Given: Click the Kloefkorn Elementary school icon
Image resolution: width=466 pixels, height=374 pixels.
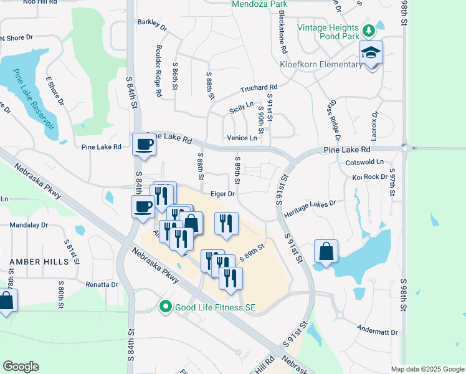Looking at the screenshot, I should point(371,53).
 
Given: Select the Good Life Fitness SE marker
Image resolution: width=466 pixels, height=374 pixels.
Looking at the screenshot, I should point(165,306).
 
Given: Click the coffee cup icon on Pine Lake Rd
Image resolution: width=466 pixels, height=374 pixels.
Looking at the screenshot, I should point(145,146).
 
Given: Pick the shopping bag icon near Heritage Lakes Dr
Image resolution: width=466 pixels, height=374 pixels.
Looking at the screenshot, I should point(326,252).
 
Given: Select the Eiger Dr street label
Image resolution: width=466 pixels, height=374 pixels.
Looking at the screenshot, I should point(222,194).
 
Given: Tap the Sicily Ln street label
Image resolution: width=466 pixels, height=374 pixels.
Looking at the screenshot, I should point(242,107).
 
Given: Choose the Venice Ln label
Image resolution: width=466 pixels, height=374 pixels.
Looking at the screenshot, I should point(244,138).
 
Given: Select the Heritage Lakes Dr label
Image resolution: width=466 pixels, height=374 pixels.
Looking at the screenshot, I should point(310,208).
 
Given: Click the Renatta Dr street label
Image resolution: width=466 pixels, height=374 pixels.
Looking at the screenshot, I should point(102,284).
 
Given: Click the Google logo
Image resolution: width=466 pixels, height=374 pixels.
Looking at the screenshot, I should point(21,367).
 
